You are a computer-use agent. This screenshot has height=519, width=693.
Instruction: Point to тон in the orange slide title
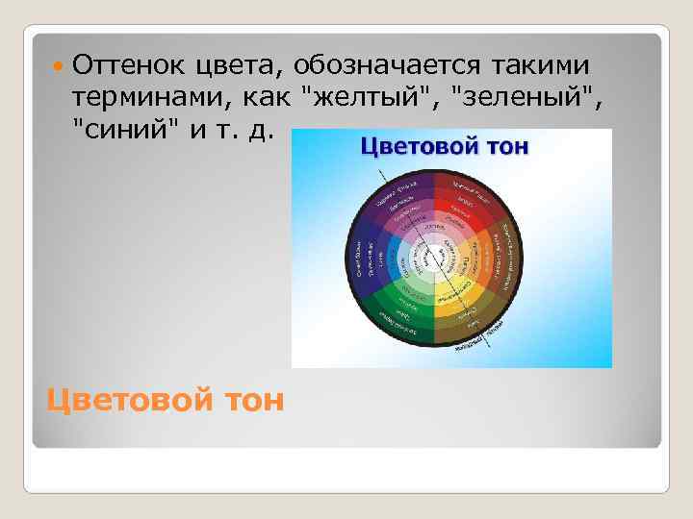tap(253, 397)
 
